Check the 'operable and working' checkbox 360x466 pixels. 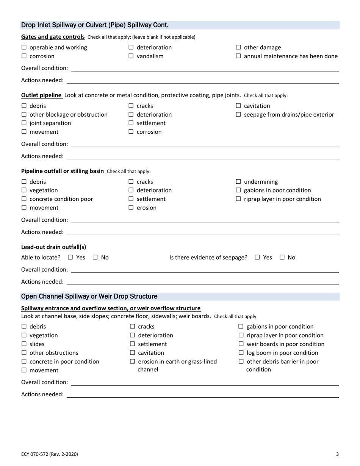point(24,48)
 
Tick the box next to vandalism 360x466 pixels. point(131,56)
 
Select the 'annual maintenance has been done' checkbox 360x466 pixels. point(238,56)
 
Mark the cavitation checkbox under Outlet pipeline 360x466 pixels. point(238,106)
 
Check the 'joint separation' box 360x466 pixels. point(24,124)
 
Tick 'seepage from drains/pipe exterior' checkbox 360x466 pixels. point(238,115)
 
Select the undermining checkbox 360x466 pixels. point(238,182)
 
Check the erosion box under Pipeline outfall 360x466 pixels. point(131,208)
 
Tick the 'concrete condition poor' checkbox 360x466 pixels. point(24,199)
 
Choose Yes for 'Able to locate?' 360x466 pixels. point(70,258)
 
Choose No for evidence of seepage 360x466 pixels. point(282,258)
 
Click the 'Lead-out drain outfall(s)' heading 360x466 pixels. point(53,247)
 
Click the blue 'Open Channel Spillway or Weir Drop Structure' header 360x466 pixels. point(89,296)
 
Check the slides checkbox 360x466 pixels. point(24,344)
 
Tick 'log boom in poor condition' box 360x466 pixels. point(241,353)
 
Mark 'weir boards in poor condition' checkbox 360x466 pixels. point(241,344)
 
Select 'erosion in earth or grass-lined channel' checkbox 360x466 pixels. point(133,362)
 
